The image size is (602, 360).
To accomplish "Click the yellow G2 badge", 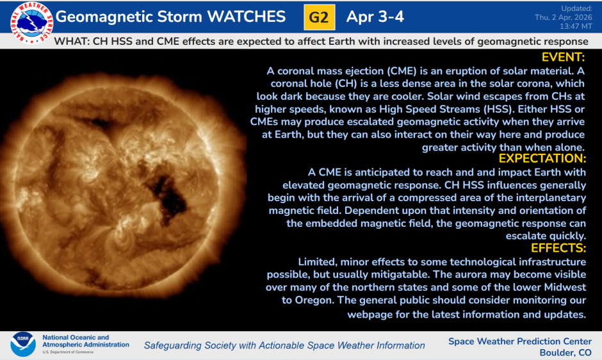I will tap(318, 17).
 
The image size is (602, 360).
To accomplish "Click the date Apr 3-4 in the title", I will tap(375, 17).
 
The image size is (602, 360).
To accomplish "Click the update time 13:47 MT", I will tap(576, 28).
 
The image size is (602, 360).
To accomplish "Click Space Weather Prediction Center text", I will tap(520, 341).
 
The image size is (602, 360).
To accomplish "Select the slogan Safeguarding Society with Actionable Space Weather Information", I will tap(284, 345).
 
